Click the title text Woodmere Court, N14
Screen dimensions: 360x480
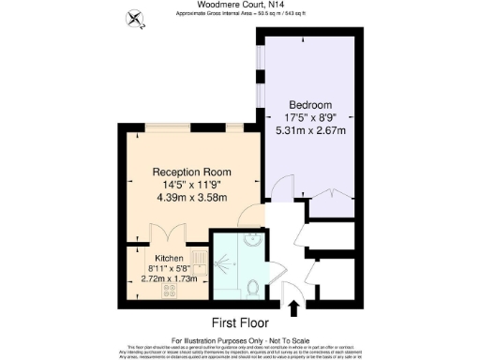[239, 5]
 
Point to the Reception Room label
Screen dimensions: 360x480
[191, 172]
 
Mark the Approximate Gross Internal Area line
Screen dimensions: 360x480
[239, 13]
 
